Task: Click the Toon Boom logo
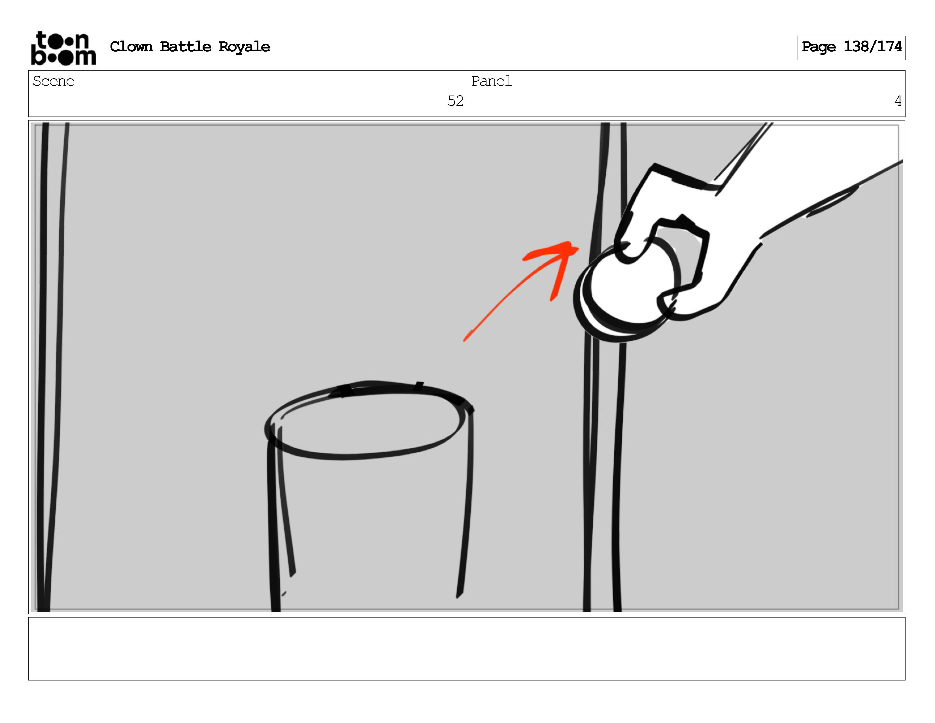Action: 63,48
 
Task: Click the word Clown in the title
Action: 131,46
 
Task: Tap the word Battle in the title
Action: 185,46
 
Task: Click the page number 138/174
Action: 872,46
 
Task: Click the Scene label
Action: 54,81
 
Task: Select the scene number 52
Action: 456,101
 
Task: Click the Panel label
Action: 492,81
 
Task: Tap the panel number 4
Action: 898,101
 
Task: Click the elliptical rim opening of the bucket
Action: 364,458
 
